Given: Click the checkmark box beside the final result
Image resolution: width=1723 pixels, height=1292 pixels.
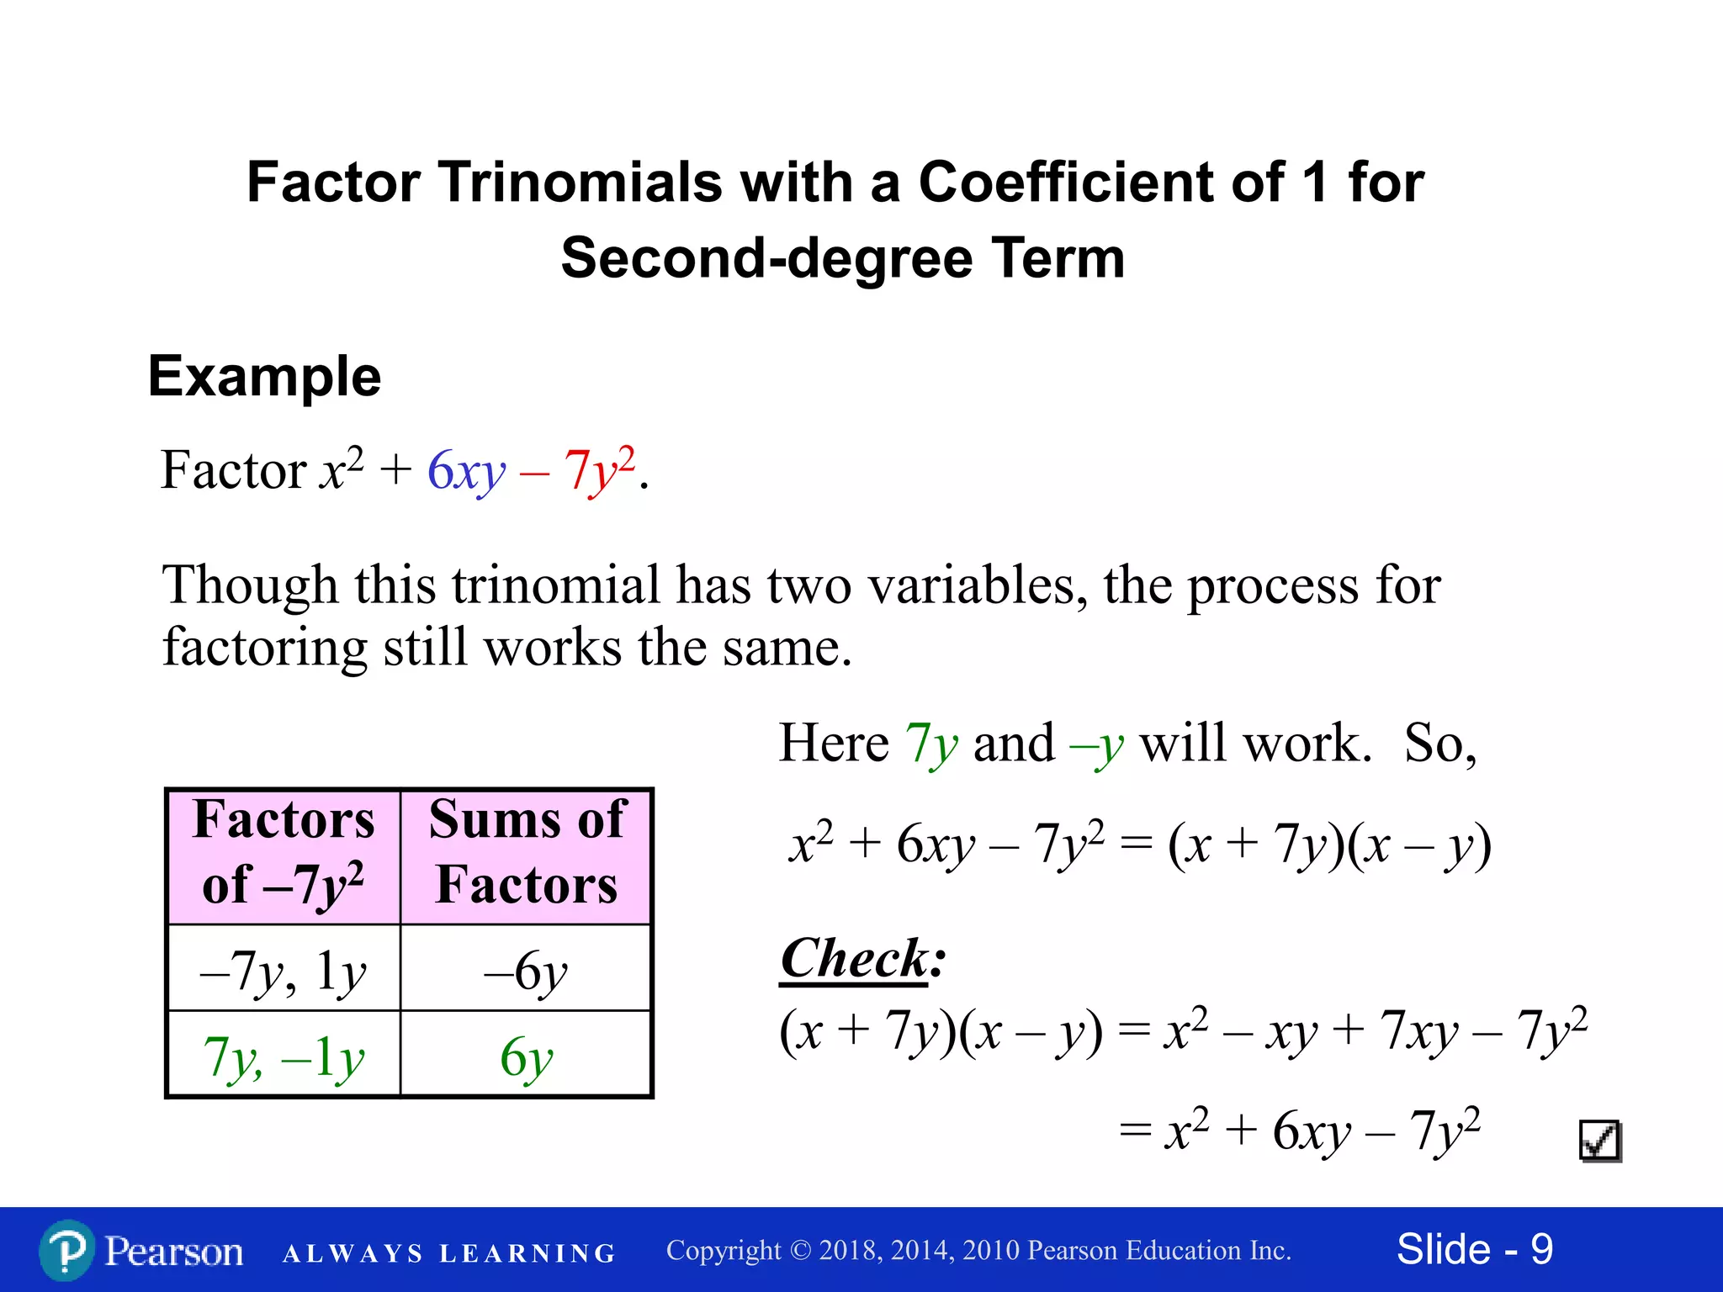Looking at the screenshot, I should pyautogui.click(x=1600, y=1141).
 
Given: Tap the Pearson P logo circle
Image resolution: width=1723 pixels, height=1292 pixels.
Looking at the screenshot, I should pyautogui.click(x=66, y=1251).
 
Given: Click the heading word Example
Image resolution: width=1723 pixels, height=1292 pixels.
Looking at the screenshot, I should pyautogui.click(x=264, y=376).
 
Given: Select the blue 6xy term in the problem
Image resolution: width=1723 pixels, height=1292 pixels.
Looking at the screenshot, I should pyautogui.click(x=466, y=470).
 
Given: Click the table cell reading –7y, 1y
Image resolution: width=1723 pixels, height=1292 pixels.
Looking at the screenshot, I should pyautogui.click(x=284, y=971).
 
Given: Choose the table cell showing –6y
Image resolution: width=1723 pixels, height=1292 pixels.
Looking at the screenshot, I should pyautogui.click(x=526, y=972).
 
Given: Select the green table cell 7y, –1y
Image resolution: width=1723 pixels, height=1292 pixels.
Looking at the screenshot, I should pyautogui.click(x=284, y=1056).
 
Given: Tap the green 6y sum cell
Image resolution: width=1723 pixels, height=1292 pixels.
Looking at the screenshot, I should pyautogui.click(x=526, y=1056).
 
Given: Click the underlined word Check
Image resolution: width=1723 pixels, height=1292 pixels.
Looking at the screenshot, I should pyautogui.click(x=854, y=958).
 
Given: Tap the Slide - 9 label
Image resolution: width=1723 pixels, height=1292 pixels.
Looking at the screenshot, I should pyautogui.click(x=1474, y=1249).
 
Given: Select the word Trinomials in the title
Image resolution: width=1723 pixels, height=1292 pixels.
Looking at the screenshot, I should pyautogui.click(x=580, y=182).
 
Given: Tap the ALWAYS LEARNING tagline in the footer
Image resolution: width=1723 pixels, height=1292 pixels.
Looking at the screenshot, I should pyautogui.click(x=449, y=1253).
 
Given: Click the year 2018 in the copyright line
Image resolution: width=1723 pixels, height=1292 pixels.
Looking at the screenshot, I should pyautogui.click(x=850, y=1251).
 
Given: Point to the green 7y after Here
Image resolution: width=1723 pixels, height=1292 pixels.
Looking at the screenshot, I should pyautogui.click(x=931, y=744).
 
